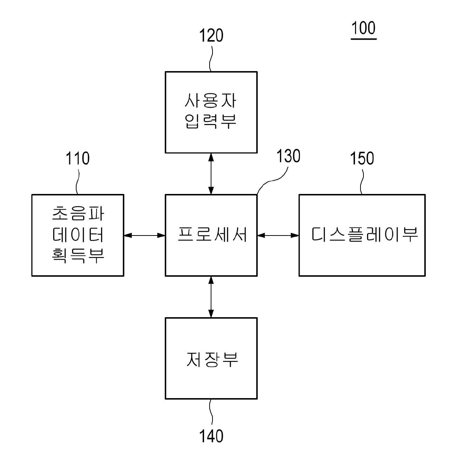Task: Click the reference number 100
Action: tap(363, 28)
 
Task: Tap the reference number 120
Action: tap(211, 36)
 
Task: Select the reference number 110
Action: tap(77, 159)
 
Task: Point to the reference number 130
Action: tap(288, 156)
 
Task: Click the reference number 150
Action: tap(362, 159)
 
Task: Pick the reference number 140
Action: tap(211, 436)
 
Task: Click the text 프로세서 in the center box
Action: tap(212, 235)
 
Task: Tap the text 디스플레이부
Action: tap(364, 235)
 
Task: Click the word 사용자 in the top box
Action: tap(211, 101)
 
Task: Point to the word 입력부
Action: tap(211, 121)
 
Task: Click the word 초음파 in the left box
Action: tap(78, 213)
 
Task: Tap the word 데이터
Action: tap(78, 235)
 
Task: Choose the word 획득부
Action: tap(78, 255)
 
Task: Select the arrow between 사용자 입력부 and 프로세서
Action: tap(211, 174)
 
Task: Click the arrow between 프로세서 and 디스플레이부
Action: tap(278, 236)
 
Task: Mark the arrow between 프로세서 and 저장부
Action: tap(211, 297)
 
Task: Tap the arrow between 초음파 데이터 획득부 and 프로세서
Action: tap(144, 236)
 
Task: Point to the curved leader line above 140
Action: tap(211, 413)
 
